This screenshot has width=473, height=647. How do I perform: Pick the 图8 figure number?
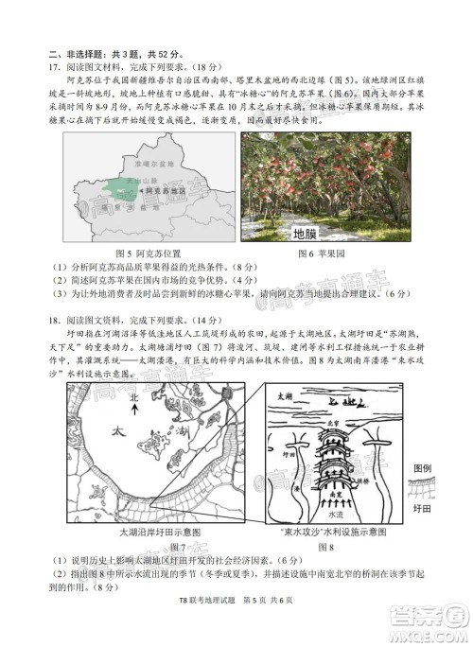click(326, 548)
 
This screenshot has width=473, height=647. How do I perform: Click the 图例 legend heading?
click(422, 469)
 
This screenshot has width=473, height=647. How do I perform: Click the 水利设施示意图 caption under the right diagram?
click(340, 533)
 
